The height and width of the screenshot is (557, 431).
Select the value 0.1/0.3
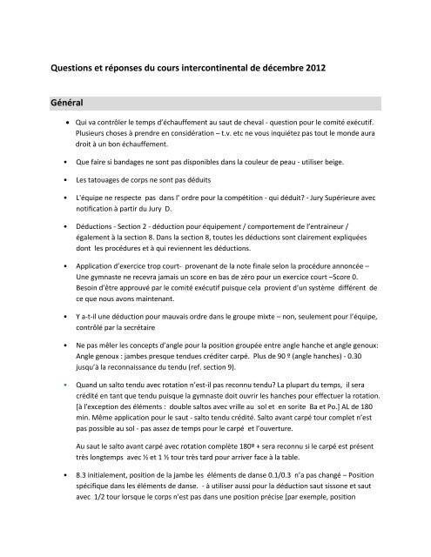pos(271,503)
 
